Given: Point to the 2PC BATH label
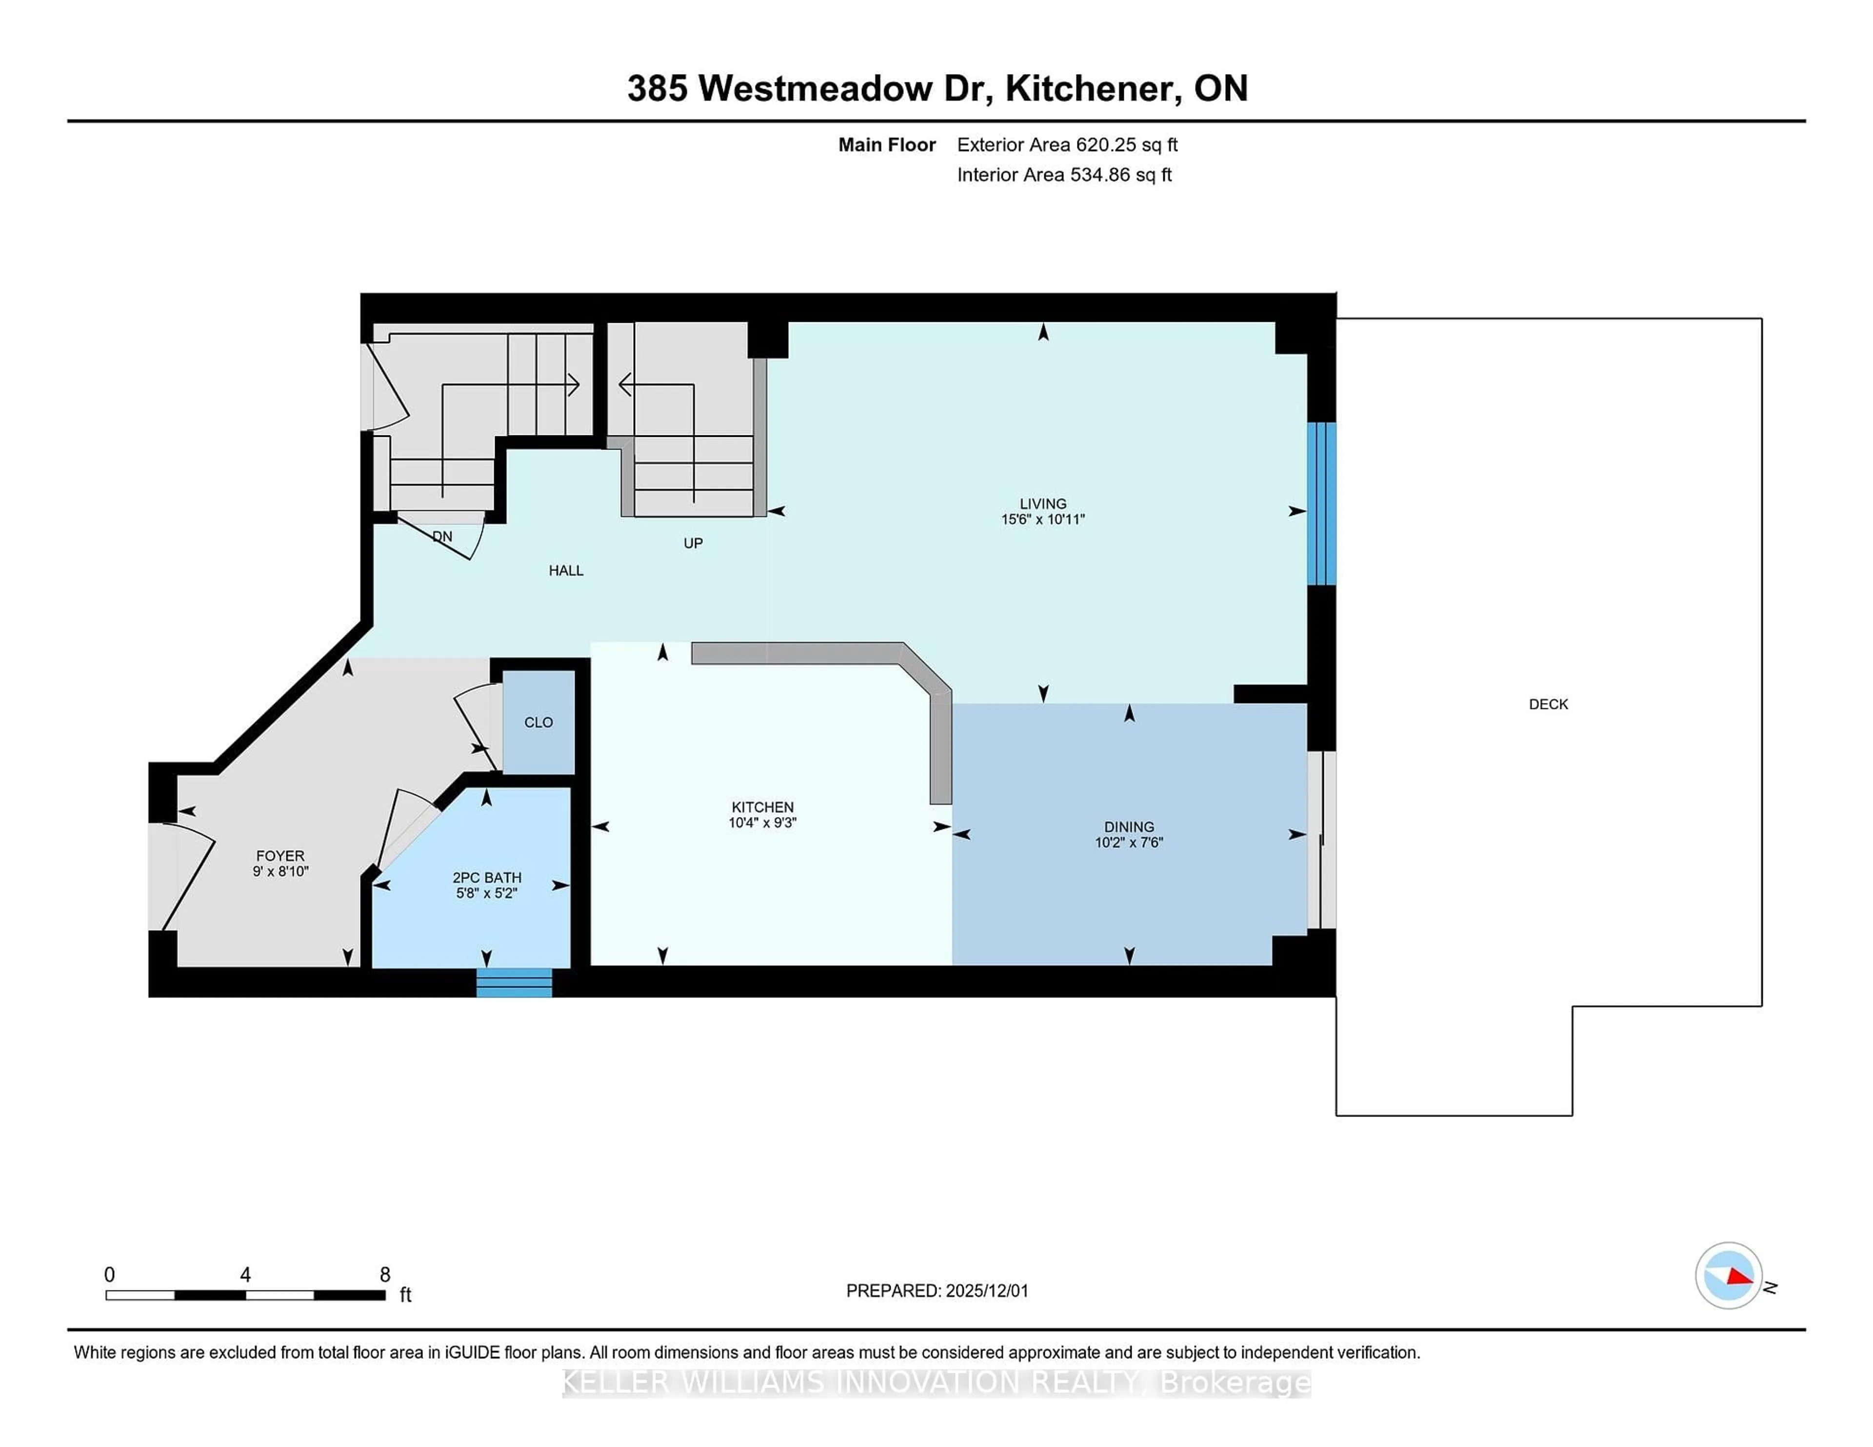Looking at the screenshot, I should point(486,878).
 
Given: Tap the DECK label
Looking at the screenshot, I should point(1548,704).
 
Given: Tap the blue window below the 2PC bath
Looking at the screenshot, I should point(515,982).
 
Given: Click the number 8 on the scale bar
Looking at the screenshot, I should point(385,1275).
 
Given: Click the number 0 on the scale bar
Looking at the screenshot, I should point(109,1275).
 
